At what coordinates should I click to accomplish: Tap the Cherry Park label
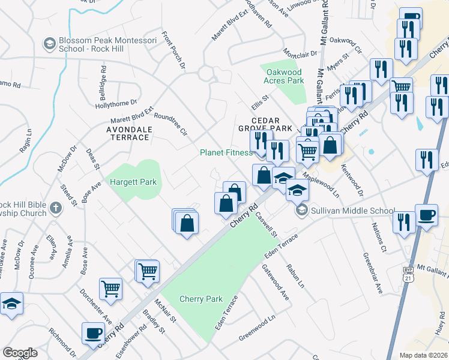point(200,299)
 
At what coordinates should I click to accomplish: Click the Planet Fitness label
point(226,152)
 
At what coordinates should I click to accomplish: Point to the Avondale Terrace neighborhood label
point(127,133)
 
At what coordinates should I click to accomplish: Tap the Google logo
point(20,353)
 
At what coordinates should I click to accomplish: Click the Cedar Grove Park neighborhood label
point(272,124)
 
